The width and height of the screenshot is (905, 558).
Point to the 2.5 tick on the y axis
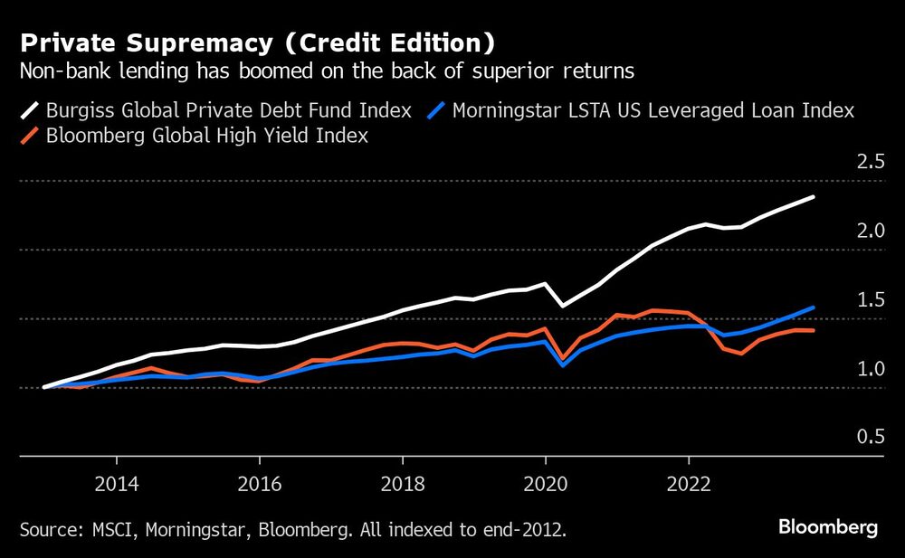coord(870,163)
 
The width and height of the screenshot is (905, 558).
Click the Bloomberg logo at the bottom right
coord(828,527)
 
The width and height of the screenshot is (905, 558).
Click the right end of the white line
coord(814,196)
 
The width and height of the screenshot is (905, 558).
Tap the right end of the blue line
coord(814,307)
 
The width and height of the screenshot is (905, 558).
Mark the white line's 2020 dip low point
coord(563,306)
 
